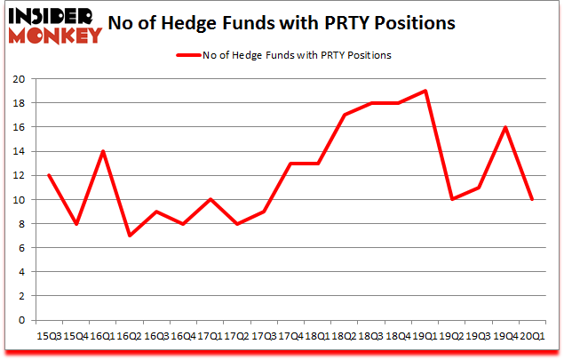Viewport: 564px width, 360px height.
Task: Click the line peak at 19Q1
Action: pos(425,91)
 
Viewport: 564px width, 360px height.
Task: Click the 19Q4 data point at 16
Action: pos(506,127)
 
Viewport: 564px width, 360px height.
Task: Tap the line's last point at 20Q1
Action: pos(533,199)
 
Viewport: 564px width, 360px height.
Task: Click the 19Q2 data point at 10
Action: pos(452,199)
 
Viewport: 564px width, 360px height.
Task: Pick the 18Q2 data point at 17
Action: pos(345,115)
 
